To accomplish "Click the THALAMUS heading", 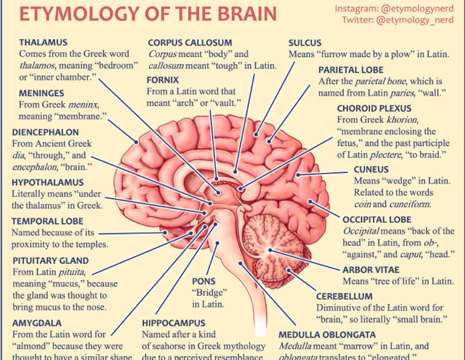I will [43, 42].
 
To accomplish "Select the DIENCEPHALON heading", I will [45, 132].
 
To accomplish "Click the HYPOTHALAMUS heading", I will [48, 182].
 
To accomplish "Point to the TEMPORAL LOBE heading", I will [47, 221].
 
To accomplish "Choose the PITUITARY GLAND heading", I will [50, 261].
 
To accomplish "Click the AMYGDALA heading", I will [36, 323].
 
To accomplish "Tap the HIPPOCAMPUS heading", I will [174, 323].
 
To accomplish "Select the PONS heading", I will [203, 281].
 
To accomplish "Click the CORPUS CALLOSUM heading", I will [190, 42].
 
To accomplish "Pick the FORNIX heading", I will [163, 79].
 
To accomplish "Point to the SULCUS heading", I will [305, 42].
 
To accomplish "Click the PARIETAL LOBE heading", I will [351, 70].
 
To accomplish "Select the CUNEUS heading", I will [371, 169].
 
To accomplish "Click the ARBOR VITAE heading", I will [370, 270].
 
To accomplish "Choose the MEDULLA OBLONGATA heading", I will [327, 335].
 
